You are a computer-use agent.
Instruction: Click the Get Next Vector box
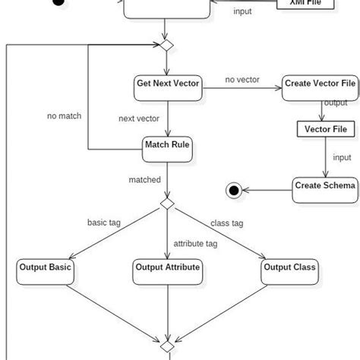168,85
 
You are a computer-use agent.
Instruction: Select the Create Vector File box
319,85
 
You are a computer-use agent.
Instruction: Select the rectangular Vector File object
325,129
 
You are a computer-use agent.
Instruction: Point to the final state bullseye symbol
234,189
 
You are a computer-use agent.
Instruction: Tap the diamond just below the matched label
166,205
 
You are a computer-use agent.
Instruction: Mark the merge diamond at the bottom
166,347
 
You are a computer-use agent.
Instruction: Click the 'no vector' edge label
242,79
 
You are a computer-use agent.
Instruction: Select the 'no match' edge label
64,116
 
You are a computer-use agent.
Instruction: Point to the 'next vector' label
138,118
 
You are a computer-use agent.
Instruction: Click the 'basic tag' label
105,223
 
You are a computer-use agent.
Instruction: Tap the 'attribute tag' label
195,244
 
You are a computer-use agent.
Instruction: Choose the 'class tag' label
226,223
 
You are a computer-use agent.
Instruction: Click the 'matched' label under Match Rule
144,180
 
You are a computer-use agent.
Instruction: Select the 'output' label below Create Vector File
336,103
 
